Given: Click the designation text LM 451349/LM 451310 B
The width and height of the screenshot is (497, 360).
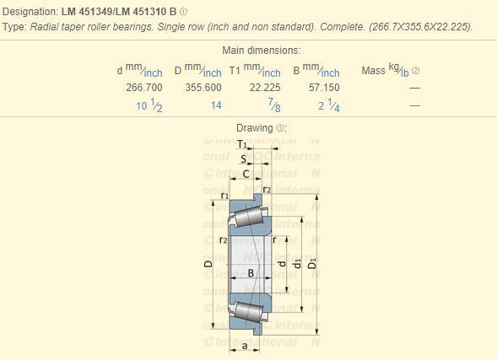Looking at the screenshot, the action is tap(119, 12).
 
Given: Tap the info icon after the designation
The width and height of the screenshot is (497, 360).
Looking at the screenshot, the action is tap(183, 12).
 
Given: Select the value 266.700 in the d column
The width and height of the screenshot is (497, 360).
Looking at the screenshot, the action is tap(144, 88).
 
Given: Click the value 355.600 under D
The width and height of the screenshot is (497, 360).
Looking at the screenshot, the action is tap(203, 88).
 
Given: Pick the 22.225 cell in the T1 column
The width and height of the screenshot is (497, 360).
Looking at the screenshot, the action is tap(265, 88).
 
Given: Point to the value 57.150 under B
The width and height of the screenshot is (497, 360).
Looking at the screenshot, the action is tap(324, 88).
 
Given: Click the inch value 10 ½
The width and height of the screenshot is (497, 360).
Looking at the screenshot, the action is tap(149, 105).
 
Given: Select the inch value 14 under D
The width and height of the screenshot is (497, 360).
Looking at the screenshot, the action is tap(216, 105).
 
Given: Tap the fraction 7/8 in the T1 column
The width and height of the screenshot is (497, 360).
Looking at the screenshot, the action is tap(274, 105).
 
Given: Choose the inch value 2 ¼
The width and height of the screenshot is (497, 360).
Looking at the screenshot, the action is tap(329, 105).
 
